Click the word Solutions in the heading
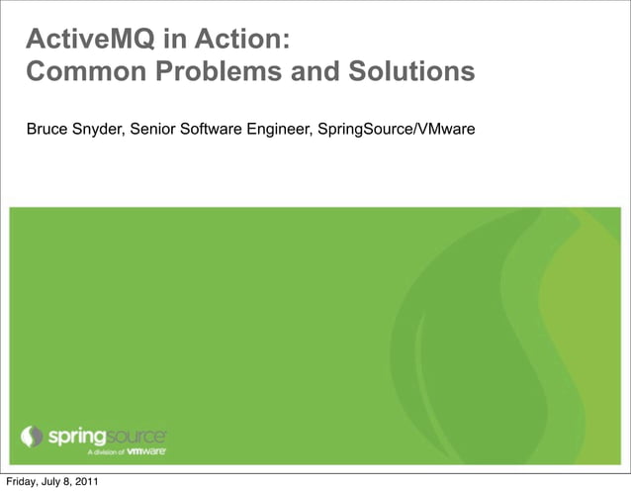(408, 72)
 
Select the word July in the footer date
(52, 482)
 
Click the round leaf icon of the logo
(33, 436)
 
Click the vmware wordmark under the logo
(146, 450)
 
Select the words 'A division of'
(106, 451)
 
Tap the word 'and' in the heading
(310, 72)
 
